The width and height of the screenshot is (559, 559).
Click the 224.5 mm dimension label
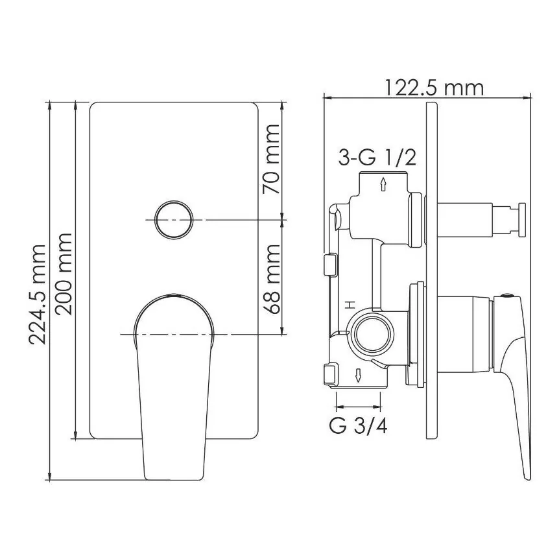tap(38, 294)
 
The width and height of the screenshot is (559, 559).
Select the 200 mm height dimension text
tap(64, 274)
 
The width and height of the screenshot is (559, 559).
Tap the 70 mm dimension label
tap(271, 159)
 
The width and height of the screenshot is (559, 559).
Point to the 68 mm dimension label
tap(271, 279)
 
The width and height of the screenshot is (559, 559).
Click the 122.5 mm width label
tap(434, 88)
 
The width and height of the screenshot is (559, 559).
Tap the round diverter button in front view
tap(174, 220)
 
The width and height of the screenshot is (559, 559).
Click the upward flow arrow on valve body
tap(383, 184)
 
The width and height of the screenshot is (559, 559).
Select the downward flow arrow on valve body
tap(358, 375)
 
